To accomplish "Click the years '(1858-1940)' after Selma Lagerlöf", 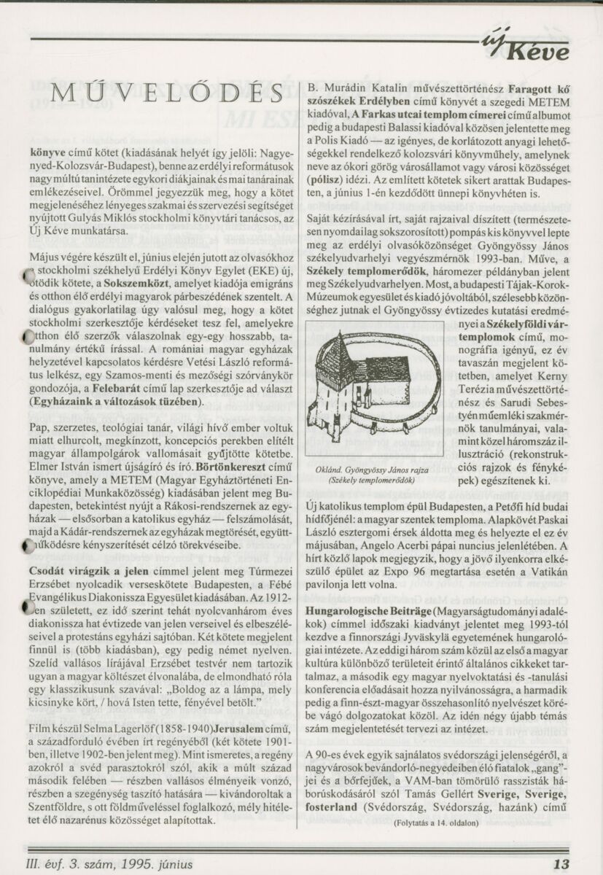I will coord(184,729).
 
